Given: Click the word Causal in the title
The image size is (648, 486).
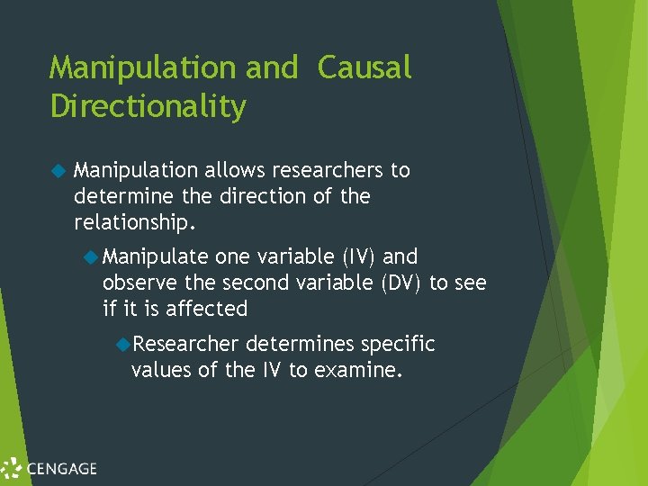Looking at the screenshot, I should point(364,67).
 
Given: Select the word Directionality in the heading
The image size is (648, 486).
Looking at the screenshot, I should point(148,107).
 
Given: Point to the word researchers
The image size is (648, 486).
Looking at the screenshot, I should point(328,170).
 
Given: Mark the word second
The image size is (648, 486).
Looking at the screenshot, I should point(255,283).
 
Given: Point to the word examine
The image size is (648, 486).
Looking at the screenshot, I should point(356,369).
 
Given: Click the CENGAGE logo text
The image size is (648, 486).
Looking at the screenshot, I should point(61,468).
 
